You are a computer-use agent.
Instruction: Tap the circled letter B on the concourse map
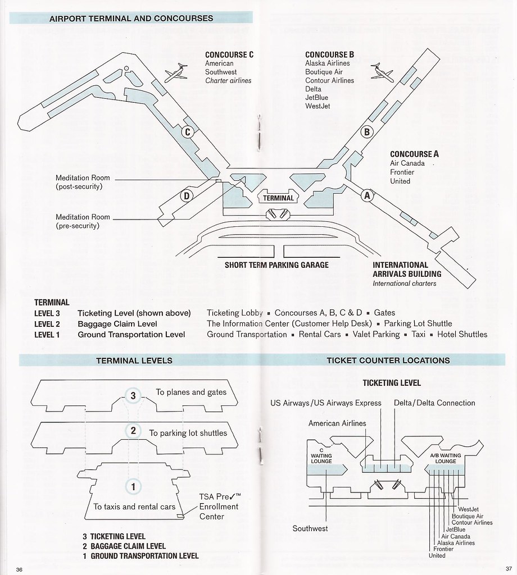(x=366, y=132)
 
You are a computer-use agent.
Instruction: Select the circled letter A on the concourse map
(x=367, y=195)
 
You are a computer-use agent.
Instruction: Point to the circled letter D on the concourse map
(x=186, y=196)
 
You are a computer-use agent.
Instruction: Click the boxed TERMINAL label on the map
(x=278, y=198)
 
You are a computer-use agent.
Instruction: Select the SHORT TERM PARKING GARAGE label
(x=276, y=265)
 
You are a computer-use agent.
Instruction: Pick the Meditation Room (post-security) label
(x=83, y=182)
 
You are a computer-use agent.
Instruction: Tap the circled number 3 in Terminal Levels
(x=133, y=396)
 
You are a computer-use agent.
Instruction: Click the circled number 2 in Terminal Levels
(x=133, y=431)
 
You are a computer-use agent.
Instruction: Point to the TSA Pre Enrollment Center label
(x=219, y=506)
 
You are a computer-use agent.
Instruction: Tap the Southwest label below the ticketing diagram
(x=310, y=528)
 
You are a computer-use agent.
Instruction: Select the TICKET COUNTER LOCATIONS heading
(x=388, y=360)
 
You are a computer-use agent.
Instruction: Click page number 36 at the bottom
(x=20, y=568)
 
